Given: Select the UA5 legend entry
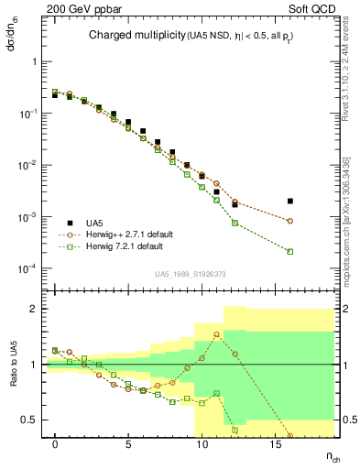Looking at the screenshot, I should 93,222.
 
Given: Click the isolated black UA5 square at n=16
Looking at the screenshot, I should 289,201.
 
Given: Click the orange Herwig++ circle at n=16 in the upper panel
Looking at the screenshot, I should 289,221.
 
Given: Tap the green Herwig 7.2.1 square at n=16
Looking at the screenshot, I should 289,251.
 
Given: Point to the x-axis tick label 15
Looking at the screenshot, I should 274,443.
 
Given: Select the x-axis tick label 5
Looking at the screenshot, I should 128,443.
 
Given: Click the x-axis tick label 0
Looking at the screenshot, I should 56,443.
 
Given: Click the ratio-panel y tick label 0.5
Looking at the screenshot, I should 31,420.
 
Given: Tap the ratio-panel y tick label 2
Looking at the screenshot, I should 35,309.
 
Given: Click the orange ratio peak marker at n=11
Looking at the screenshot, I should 216,333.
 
